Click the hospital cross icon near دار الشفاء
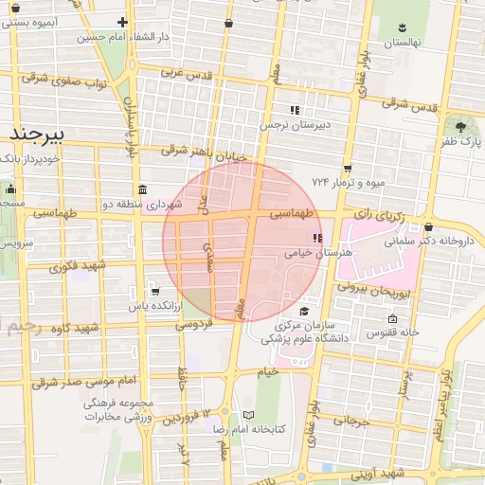pos(121,22)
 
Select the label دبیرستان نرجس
pos(298,124)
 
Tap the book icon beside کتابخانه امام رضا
pos(249,415)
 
